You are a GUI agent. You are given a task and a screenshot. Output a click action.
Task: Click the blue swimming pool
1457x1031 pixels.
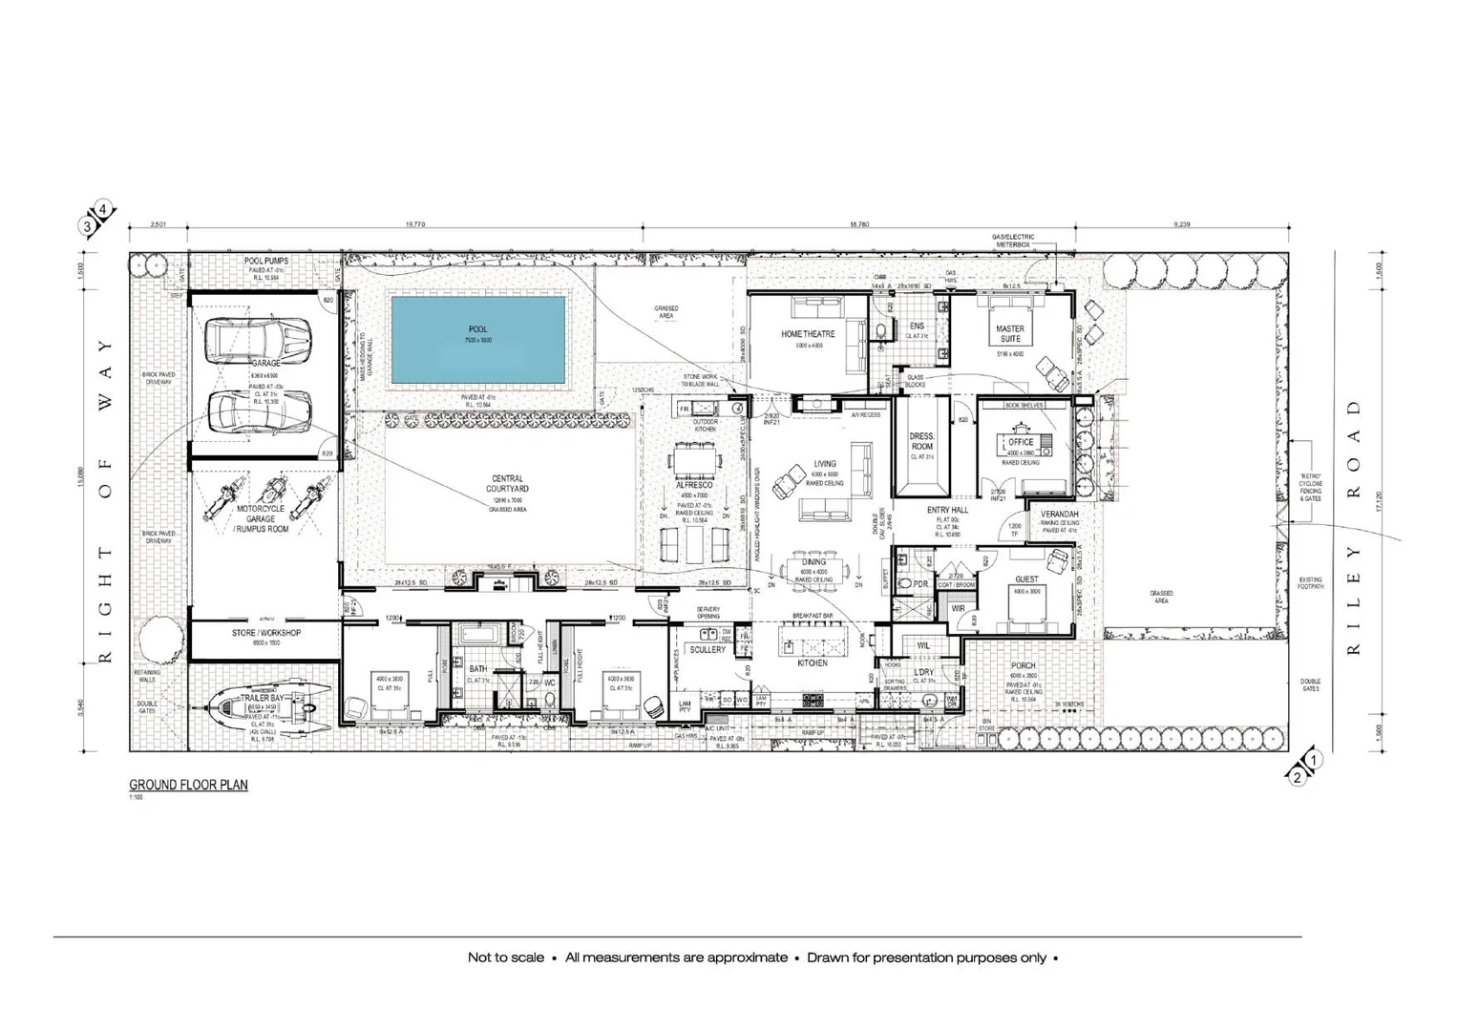(477, 341)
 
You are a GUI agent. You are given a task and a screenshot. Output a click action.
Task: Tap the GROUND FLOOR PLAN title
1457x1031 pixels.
(188, 785)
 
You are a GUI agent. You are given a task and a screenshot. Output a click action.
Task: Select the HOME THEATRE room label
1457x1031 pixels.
(808, 334)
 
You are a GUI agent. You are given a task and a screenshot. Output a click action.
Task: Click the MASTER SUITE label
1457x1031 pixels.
(1009, 333)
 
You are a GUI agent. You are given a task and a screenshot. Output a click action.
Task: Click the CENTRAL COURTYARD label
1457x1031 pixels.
(507, 484)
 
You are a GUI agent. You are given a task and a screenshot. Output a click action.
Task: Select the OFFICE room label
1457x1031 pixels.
(1021, 442)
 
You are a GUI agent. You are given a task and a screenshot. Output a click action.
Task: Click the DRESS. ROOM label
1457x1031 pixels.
(921, 441)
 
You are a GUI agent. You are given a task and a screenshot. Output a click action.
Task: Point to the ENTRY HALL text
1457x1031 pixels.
(947, 510)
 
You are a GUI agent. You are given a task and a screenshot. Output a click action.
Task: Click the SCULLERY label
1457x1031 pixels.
(707, 649)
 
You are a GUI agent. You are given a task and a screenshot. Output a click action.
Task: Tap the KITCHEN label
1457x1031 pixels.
(813, 663)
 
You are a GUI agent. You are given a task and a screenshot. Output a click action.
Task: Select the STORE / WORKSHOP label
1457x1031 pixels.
(266, 633)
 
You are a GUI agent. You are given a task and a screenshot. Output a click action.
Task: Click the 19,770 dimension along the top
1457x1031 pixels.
(414, 224)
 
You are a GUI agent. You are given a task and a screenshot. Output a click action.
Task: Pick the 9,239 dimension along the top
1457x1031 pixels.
(1181, 224)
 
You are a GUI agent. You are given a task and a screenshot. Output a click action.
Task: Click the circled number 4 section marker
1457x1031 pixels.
(103, 212)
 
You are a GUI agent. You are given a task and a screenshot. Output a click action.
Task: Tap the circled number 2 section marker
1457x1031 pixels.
(1297, 777)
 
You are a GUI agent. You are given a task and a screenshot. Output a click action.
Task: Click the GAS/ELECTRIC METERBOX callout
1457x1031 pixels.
(1012, 241)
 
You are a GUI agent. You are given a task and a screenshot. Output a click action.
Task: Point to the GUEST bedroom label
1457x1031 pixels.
(1026, 579)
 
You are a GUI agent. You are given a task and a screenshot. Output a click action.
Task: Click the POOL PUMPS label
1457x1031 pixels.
(266, 261)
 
